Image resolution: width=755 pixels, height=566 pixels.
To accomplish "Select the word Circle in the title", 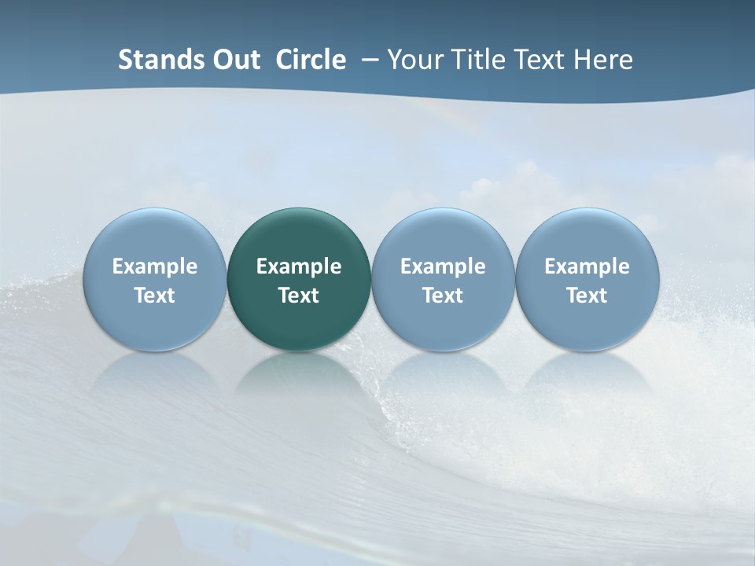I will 311,60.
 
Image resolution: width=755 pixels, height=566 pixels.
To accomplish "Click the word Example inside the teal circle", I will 299,266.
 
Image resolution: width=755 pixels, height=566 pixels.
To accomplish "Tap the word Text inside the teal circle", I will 299,296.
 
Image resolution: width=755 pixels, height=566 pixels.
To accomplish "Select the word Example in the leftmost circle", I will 154,266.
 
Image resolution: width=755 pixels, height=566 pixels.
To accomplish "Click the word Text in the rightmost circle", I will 587,296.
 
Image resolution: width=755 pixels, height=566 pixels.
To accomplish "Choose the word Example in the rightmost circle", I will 587,266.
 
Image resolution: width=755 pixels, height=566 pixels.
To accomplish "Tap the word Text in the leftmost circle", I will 154,296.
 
